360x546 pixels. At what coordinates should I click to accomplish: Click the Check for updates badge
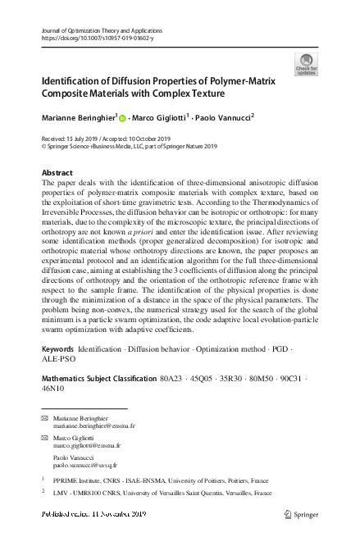pyautogui.click(x=306, y=65)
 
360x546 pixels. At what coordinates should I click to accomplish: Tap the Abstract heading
pyautogui.click(x=57, y=173)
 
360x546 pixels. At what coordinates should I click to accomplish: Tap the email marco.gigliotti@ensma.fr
pyautogui.click(x=86, y=445)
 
